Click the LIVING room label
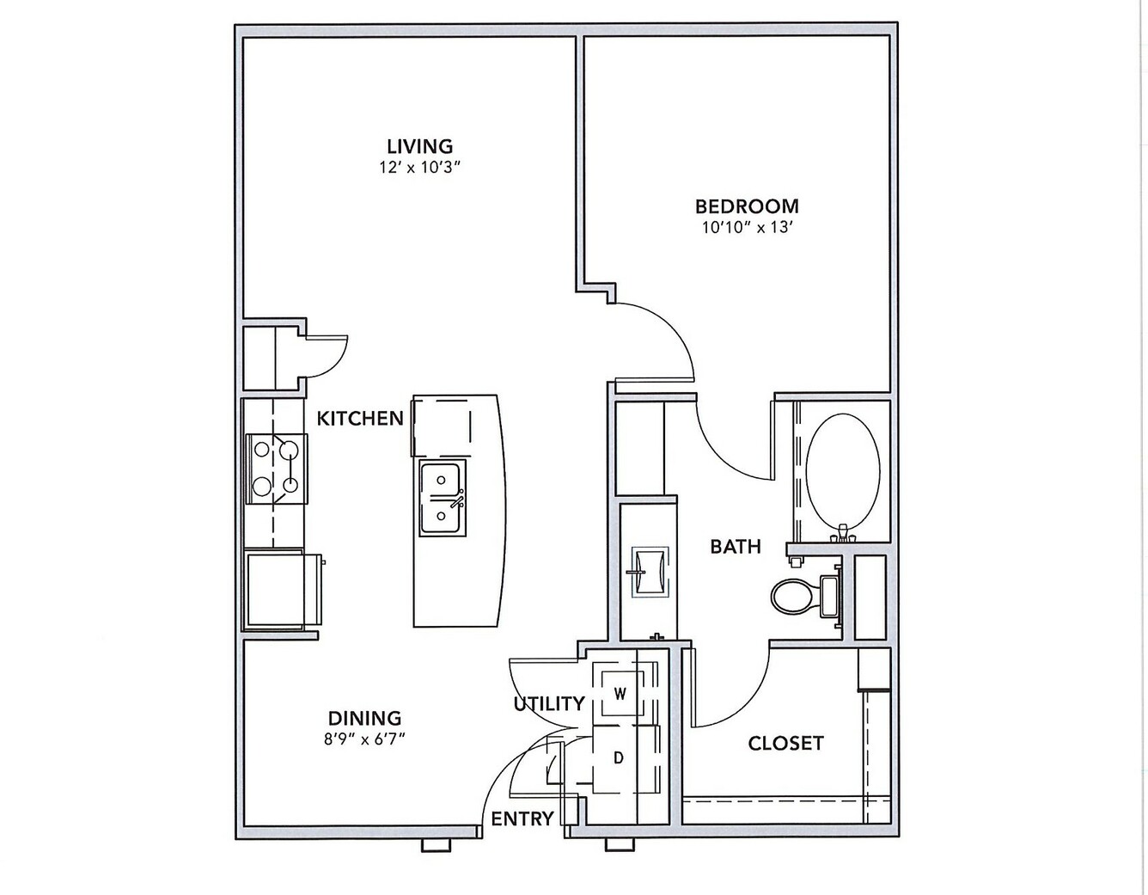click(420, 145)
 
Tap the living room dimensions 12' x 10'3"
click(420, 168)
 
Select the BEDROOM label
click(747, 206)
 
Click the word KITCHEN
click(360, 419)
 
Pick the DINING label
click(365, 719)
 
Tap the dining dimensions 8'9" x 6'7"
click(364, 740)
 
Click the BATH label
click(736, 546)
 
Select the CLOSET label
click(786, 744)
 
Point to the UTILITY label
click(549, 704)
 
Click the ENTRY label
click(522, 819)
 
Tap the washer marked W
click(620, 693)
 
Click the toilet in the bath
click(806, 597)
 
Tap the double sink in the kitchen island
click(443, 498)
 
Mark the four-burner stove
click(277, 468)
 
